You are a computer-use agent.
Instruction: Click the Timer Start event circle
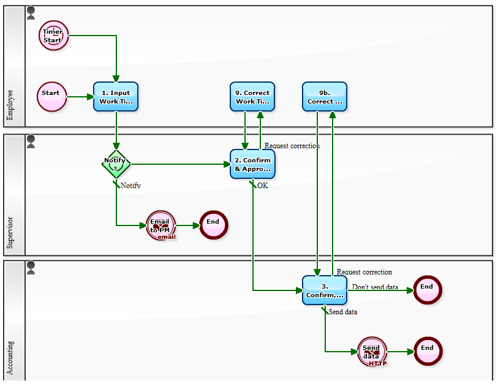(54, 35)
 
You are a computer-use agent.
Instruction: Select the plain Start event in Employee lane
(51, 97)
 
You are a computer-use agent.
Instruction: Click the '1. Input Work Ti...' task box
(116, 97)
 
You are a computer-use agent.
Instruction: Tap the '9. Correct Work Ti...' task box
(252, 97)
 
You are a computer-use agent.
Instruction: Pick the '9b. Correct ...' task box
(325, 97)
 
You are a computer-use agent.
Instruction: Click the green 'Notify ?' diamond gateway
(115, 164)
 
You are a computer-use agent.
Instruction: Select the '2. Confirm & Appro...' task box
(252, 164)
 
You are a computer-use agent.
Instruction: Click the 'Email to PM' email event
(160, 225)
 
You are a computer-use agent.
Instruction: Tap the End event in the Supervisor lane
(213, 225)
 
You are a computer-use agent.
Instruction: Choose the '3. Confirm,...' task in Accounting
(325, 290)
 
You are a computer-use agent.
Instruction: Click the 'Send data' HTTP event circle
(372, 352)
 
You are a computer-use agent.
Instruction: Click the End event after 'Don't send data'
(427, 290)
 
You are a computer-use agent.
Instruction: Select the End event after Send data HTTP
(427, 351)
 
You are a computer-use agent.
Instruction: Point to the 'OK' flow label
(262, 186)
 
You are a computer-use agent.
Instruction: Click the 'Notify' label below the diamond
(130, 186)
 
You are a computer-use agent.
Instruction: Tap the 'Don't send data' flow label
(375, 287)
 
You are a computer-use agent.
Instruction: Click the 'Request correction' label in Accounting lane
(364, 272)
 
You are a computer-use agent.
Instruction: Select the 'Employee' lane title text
(10, 105)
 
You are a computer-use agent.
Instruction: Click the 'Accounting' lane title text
(10, 358)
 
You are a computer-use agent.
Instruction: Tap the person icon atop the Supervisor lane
(31, 142)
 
